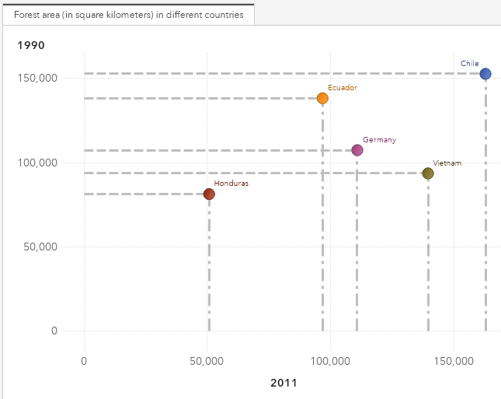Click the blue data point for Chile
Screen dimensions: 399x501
pyautogui.click(x=485, y=74)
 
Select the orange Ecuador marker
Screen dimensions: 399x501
pyautogui.click(x=322, y=98)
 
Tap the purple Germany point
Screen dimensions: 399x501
pyautogui.click(x=357, y=150)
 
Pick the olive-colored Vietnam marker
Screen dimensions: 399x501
pyautogui.click(x=428, y=173)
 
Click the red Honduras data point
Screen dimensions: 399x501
pyautogui.click(x=209, y=194)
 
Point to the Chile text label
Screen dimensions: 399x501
pyautogui.click(x=470, y=64)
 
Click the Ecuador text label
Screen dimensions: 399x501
pyautogui.click(x=342, y=88)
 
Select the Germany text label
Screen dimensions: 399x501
pyautogui.click(x=379, y=140)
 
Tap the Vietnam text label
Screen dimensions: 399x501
pyautogui.click(x=447, y=163)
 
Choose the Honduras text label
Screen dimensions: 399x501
pyautogui.click(x=231, y=184)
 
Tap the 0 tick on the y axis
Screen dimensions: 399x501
pyautogui.click(x=54, y=331)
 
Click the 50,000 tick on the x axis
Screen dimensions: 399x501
pyautogui.click(x=207, y=361)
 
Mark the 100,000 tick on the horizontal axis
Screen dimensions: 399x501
pyautogui.click(x=330, y=361)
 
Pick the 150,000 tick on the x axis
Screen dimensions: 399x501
pyautogui.click(x=454, y=361)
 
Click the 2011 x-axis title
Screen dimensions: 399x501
pyautogui.click(x=284, y=383)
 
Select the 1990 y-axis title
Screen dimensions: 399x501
pyautogui.click(x=31, y=45)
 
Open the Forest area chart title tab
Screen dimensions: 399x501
pyautogui.click(x=127, y=14)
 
